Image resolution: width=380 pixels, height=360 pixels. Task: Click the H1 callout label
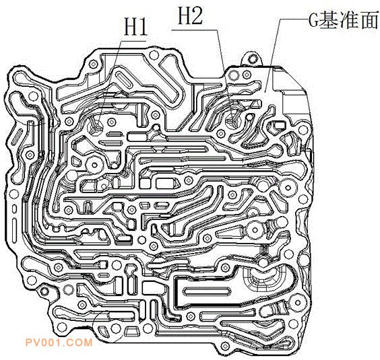coord(135,27)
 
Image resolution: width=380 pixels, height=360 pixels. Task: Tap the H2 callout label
coord(190,15)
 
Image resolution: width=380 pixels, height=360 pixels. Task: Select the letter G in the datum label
coord(313,20)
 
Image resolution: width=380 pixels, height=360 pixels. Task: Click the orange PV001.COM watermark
coord(59,343)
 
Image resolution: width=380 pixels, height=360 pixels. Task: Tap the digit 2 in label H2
coord(196,15)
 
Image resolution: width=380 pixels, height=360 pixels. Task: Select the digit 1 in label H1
coord(143,27)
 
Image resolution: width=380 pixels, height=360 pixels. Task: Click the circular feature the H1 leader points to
coord(95,126)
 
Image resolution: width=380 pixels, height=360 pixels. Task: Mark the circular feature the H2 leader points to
coord(233,119)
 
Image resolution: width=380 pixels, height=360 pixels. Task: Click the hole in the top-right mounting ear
coord(253,58)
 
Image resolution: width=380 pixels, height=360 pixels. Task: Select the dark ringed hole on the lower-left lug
coord(44,291)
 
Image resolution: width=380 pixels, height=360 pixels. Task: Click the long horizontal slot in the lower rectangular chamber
coord(206,291)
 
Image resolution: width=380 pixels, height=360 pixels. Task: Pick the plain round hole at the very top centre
coord(154,55)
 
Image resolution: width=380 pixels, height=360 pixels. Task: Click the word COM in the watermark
coord(81,343)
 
